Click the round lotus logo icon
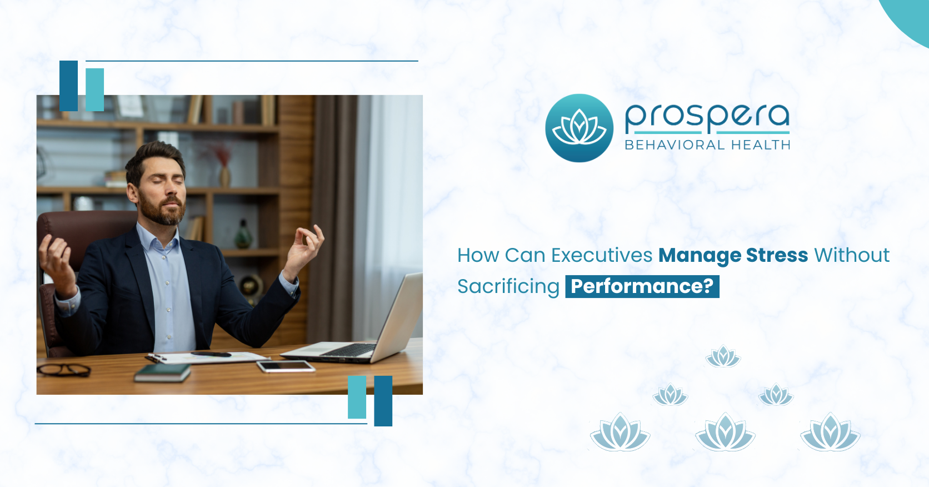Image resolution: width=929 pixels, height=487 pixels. pos(579,128)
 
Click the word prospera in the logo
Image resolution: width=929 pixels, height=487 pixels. pos(707,117)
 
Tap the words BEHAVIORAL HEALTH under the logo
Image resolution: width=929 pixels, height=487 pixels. pos(707,145)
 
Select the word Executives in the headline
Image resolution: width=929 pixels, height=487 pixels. pos(601,255)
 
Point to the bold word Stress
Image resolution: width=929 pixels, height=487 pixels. pos(777,255)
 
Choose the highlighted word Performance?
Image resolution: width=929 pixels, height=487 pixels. pos(642,286)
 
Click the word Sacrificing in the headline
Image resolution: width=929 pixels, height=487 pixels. pos(508,286)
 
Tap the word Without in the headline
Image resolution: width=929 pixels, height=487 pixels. pos(852,255)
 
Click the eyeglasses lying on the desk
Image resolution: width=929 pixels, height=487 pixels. pos(64,369)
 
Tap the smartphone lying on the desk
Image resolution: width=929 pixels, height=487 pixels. pos(285,366)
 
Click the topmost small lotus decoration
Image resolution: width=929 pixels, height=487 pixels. pos(723,356)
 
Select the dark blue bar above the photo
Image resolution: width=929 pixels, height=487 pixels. pos(68,86)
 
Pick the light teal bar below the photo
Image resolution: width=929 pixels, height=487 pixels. pos(357,397)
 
